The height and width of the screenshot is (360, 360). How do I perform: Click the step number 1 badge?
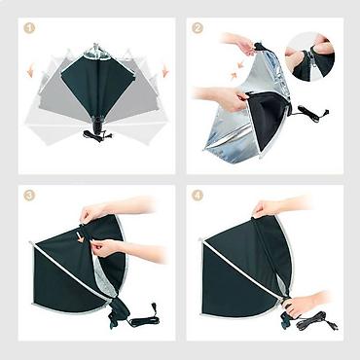(29, 28)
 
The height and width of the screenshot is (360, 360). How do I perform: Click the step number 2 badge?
(198, 28)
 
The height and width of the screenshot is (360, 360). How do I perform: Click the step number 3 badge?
(29, 196)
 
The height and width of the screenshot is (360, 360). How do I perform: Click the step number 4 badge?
(198, 196)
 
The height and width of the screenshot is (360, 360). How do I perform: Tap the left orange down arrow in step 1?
(30, 71)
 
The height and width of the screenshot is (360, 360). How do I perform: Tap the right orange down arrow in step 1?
(165, 71)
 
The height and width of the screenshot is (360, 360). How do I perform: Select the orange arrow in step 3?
(81, 236)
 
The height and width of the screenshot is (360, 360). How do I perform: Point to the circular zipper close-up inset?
(309, 56)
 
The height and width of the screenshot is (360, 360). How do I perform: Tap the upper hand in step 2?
(238, 42)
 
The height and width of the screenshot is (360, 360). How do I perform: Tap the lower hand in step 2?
(222, 96)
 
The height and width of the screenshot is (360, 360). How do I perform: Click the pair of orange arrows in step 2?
(238, 70)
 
